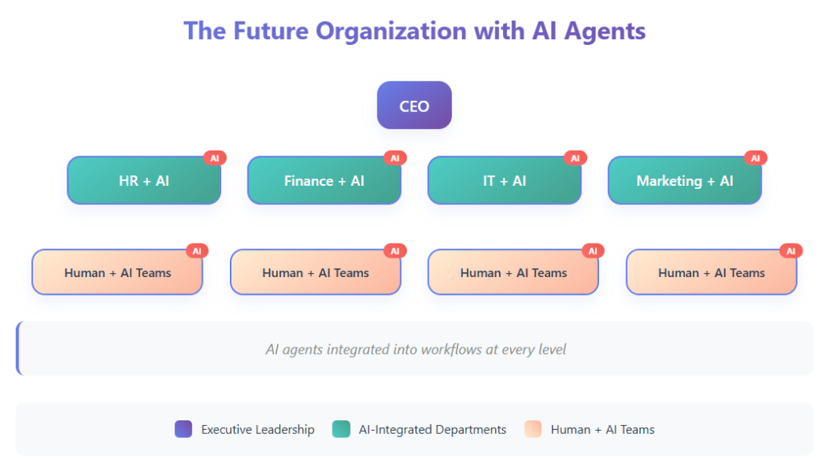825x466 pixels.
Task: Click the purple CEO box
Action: point(414,106)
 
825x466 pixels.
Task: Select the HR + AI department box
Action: point(143,181)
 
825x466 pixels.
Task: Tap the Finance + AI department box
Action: point(324,181)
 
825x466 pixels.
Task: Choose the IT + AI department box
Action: point(504,181)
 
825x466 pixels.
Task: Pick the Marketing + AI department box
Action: point(684,181)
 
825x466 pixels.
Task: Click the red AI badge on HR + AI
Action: point(215,158)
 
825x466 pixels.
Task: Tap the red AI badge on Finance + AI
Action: point(395,158)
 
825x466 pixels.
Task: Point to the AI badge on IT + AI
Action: point(575,158)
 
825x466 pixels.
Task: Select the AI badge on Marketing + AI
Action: point(755,158)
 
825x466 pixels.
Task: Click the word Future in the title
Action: point(271,31)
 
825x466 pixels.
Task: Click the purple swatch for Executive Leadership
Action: point(183,430)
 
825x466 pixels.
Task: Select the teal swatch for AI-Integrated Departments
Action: point(340,430)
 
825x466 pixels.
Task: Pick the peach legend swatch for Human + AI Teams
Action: point(533,430)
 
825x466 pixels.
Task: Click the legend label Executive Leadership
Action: point(258,430)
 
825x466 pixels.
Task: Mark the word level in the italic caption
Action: point(550,349)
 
